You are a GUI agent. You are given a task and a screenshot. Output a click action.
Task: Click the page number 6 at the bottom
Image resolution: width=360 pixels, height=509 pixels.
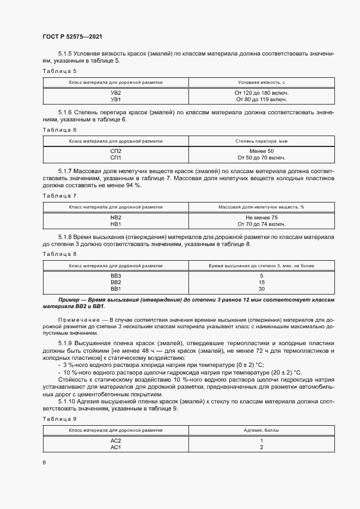pyautogui.click(x=44, y=462)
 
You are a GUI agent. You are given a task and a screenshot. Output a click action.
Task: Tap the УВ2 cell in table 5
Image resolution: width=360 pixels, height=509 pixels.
pyautogui.click(x=115, y=93)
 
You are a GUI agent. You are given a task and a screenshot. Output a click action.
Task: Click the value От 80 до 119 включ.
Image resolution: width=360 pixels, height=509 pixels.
pyautogui.click(x=262, y=100)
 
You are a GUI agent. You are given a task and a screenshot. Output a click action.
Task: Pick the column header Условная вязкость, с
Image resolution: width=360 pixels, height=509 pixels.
pyautogui.click(x=262, y=82)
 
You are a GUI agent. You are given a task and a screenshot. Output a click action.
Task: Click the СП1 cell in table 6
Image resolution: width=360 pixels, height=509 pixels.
pyautogui.click(x=115, y=158)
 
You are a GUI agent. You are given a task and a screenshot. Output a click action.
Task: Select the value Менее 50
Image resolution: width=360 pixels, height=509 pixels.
pyautogui.click(x=262, y=151)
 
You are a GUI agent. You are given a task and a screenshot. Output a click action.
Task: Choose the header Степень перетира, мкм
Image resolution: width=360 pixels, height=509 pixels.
pyautogui.click(x=262, y=140)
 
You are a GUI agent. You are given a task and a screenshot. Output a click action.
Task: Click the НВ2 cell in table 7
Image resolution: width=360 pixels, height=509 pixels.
pyautogui.click(x=115, y=217)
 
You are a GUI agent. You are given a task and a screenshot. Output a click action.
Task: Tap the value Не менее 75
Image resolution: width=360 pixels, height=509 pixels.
pyautogui.click(x=262, y=217)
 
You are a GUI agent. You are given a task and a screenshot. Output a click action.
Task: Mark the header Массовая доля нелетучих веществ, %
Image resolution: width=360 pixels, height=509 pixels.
pyautogui.click(x=262, y=206)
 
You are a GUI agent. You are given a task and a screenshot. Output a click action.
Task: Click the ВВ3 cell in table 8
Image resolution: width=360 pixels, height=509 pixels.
pyautogui.click(x=115, y=276)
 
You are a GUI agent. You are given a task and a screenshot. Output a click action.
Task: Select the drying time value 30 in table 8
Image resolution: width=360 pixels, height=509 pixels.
pyautogui.click(x=262, y=289)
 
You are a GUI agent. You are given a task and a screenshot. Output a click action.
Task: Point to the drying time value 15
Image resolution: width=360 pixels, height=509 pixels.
pyautogui.click(x=262, y=283)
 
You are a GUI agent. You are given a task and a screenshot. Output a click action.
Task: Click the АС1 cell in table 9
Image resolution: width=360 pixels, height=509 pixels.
pyautogui.click(x=115, y=447)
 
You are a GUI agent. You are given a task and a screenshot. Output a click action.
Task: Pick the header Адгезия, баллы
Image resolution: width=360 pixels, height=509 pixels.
pyautogui.click(x=262, y=430)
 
